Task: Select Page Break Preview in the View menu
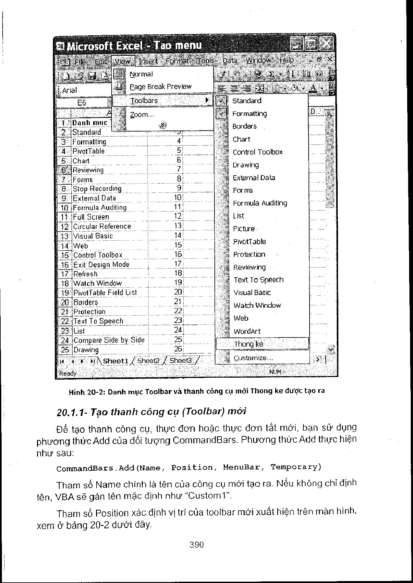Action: [x=161, y=86]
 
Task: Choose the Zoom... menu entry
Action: [x=142, y=114]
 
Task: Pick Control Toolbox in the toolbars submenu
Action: [x=258, y=152]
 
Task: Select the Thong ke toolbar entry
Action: [x=249, y=344]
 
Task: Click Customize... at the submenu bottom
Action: [x=253, y=358]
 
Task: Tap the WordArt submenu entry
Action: [x=247, y=331]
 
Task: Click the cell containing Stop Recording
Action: [x=97, y=189]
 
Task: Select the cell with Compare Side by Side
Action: [x=109, y=340]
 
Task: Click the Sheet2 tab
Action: [x=148, y=361]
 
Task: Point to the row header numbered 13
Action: [x=65, y=236]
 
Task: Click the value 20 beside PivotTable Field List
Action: [x=178, y=292]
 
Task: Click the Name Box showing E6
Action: [x=82, y=103]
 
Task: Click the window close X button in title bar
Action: [x=326, y=43]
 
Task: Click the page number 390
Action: [x=197, y=544]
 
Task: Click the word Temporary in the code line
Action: [x=296, y=467]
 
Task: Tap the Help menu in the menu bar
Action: [x=286, y=60]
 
